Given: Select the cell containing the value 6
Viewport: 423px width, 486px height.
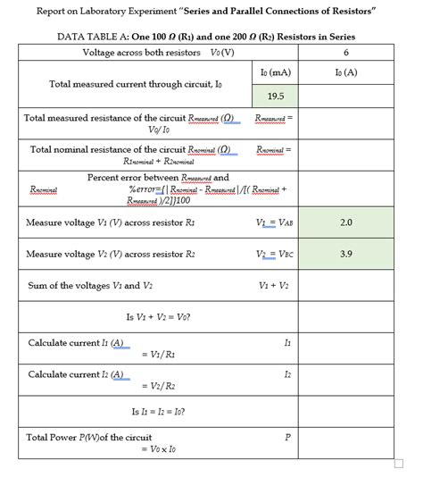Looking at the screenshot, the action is pos(345,53).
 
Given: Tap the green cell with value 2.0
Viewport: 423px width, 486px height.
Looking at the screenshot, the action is pos(345,221).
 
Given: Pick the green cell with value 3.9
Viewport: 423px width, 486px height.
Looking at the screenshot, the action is pos(345,254).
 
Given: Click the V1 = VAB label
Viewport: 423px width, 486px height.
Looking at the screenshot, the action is pos(274,221).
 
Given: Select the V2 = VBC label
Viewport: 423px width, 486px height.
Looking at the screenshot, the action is pos(274,254).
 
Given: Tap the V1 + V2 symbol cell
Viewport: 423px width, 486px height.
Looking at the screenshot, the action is pos(274,286).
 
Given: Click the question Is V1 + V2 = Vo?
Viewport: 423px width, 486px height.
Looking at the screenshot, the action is pos(159,317).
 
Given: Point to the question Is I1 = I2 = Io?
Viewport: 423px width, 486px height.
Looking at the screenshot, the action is pos(159,412).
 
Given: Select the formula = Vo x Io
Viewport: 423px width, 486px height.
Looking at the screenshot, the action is pos(159,449).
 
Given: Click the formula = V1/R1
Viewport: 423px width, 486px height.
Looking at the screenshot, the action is pos(159,355).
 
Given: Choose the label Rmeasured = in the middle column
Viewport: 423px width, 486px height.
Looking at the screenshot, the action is pos(274,117).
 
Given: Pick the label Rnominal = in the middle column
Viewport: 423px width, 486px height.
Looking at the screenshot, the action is pos(274,150).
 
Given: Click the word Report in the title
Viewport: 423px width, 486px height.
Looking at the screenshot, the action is pos(55,11).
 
